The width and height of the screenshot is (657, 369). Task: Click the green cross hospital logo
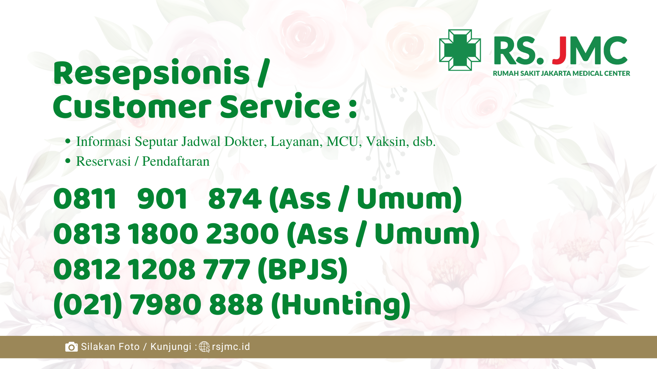460,50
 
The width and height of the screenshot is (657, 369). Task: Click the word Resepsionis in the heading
152,73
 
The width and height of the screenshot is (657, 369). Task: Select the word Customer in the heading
132,107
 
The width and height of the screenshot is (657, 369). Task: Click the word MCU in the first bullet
342,141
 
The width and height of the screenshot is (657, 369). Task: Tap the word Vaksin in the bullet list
386,141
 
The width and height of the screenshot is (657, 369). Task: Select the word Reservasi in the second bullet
103,161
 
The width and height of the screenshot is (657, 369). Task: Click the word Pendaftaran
176,161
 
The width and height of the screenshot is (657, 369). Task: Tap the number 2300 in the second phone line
242,234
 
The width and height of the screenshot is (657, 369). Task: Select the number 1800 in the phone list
163,234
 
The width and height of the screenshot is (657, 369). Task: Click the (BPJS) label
303,270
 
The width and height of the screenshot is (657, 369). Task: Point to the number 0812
87,270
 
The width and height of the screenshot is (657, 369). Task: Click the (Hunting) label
341,305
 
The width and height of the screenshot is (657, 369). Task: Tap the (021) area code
88,305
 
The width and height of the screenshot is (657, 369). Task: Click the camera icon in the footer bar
72,347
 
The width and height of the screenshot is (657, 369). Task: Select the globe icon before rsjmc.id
204,347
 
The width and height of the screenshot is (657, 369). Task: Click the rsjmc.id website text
231,347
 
